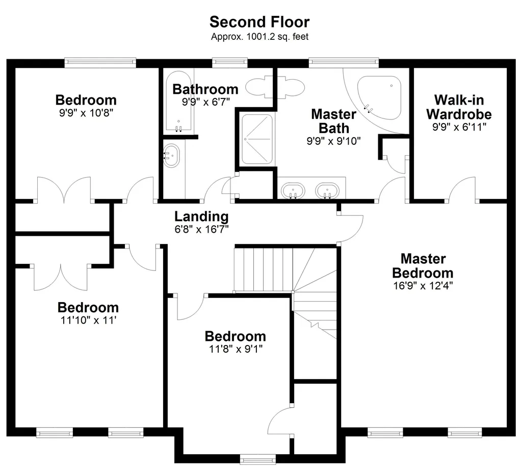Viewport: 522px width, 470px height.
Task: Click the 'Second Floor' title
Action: pyautogui.click(x=259, y=22)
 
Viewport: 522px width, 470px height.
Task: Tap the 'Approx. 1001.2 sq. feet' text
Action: pyautogui.click(x=259, y=37)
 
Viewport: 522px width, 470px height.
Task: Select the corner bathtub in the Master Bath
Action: pyautogui.click(x=380, y=95)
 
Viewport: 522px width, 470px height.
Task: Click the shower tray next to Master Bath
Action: pyautogui.click(x=257, y=139)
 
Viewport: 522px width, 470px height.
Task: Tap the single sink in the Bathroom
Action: pyautogui.click(x=171, y=155)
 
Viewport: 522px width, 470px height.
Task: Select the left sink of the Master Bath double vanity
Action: pyautogui.click(x=293, y=191)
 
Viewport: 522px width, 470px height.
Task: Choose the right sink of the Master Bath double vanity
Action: pyautogui.click(x=326, y=191)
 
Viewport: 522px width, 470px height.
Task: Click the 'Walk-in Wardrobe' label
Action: pyautogui.click(x=459, y=107)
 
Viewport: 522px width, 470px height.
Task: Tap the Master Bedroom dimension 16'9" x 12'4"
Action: pyautogui.click(x=423, y=285)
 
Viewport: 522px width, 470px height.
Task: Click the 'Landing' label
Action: pyautogui.click(x=201, y=216)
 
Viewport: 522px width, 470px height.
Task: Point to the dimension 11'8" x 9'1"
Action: pyautogui.click(x=235, y=349)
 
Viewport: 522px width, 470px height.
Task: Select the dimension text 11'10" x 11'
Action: pyautogui.click(x=88, y=320)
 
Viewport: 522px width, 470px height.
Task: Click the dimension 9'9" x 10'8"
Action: pyautogui.click(x=86, y=112)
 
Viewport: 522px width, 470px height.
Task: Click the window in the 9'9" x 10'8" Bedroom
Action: pyautogui.click(x=100, y=63)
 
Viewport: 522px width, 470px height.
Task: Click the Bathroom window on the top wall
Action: pyautogui.click(x=229, y=63)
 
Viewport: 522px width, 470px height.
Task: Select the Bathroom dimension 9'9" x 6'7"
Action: pyautogui.click(x=205, y=102)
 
